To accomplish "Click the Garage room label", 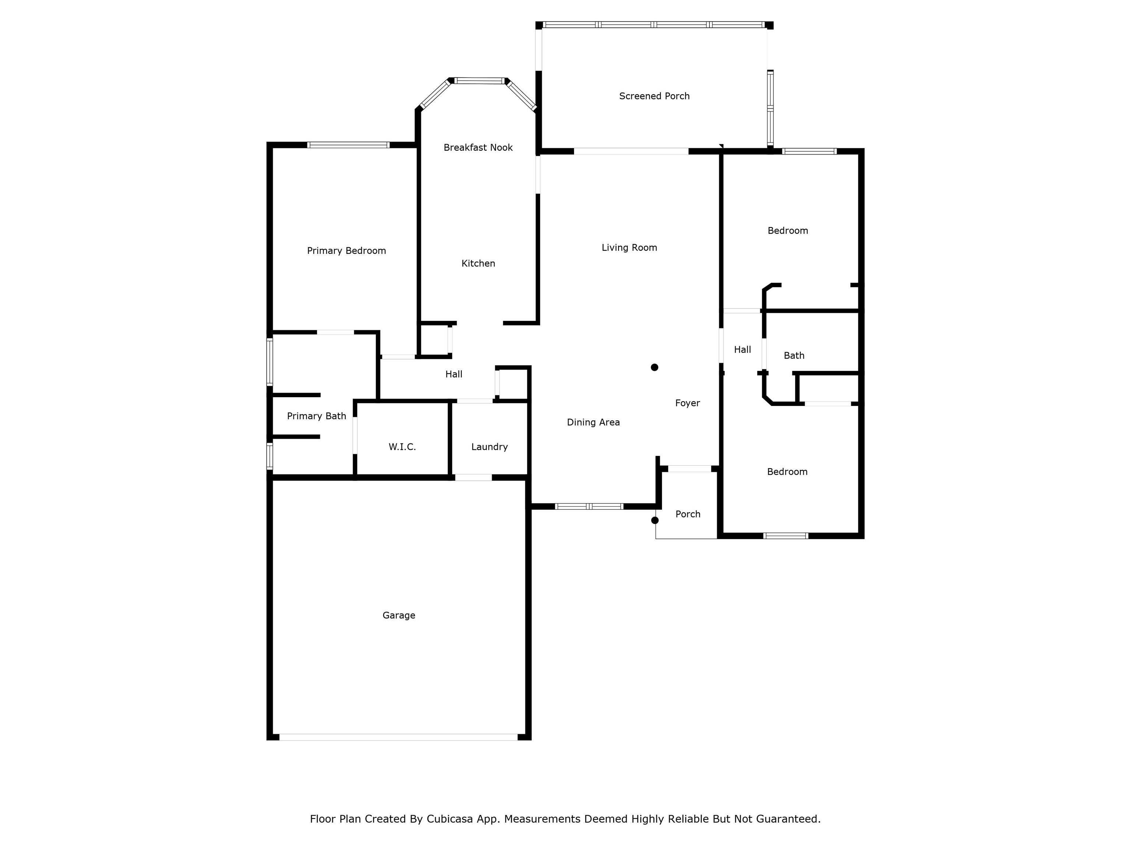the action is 399,615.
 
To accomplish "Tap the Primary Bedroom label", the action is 346,251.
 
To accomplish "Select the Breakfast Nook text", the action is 478,147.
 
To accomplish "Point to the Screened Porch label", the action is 654,96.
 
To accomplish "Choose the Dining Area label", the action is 593,422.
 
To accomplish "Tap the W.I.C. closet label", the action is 402,447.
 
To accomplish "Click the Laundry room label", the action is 489,447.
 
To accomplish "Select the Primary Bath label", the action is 317,416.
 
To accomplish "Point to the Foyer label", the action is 687,403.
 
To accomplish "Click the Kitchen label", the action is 478,263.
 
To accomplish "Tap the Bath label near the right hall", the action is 794,355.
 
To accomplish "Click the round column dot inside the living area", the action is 655,367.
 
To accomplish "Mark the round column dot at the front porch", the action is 655,520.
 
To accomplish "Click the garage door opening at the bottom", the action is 398,737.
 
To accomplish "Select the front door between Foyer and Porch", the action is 689,469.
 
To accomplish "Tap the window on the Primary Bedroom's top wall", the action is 348,145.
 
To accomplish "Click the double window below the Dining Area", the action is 589,506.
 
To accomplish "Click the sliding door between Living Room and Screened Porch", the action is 631,151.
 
